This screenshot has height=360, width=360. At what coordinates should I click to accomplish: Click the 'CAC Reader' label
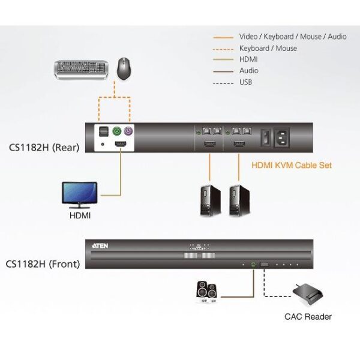(308, 316)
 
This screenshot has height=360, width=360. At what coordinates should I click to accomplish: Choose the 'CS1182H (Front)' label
(44, 263)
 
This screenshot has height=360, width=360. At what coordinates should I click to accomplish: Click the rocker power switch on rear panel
(262, 138)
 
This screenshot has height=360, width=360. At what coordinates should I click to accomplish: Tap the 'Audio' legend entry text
(249, 71)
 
